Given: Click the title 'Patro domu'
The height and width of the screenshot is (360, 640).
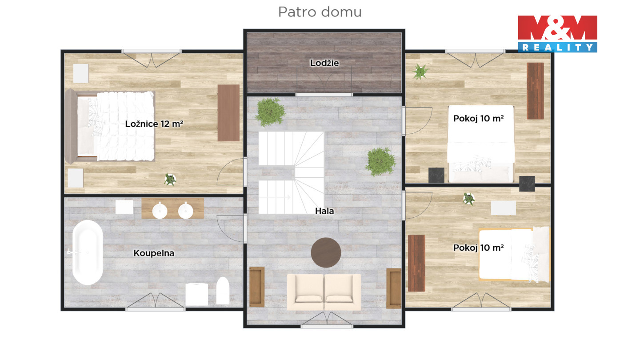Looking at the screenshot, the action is (320, 12).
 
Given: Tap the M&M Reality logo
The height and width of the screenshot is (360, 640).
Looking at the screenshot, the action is (557, 34).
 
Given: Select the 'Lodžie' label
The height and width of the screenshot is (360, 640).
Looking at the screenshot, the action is (324, 63).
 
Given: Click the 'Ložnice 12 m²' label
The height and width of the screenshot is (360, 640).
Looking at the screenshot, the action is (154, 124).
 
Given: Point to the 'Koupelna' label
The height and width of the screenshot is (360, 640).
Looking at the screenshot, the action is (154, 253).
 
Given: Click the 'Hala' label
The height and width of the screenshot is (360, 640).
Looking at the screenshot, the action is (324, 211).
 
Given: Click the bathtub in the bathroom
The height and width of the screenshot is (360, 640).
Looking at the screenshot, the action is (88, 252).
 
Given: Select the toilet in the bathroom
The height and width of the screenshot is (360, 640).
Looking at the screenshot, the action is (223, 290).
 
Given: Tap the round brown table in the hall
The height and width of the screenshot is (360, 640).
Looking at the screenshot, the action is (326, 252).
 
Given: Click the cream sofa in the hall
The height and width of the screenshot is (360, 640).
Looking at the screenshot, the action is (324, 292).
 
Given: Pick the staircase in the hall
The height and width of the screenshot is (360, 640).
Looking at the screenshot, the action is (291, 172).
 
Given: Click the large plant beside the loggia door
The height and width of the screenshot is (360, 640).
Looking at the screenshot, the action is (270, 112).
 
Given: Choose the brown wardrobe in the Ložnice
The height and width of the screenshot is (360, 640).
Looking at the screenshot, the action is (228, 113).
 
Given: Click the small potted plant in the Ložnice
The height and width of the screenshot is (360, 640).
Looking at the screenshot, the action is (170, 180).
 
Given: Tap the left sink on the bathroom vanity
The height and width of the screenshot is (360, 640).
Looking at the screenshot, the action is (160, 211).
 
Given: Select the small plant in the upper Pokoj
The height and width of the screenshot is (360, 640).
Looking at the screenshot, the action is (420, 72).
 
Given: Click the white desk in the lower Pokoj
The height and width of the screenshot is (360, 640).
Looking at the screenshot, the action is (503, 208).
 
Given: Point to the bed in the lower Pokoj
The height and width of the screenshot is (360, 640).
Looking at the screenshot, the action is (514, 254).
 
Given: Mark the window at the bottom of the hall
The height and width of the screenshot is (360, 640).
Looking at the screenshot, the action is (327, 326).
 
